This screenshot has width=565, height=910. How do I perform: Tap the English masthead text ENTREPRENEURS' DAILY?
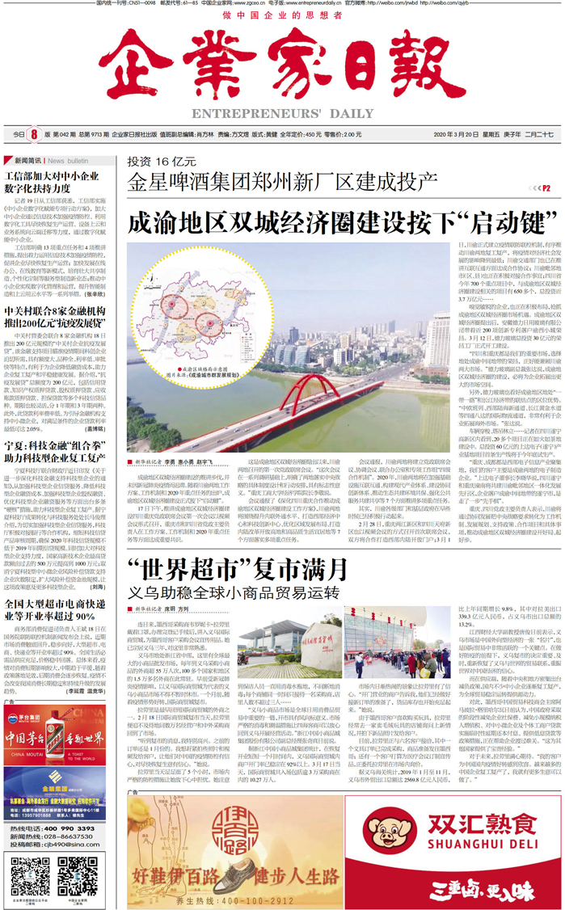pyautogui.click(x=283, y=115)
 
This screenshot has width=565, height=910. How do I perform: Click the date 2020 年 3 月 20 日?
pyautogui.click(x=457, y=134)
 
